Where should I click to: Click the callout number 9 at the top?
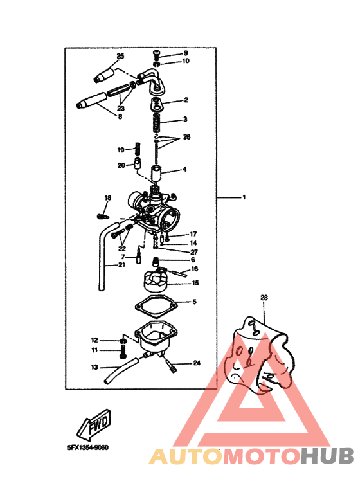[x=186, y=53]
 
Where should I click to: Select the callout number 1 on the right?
[x=244, y=197]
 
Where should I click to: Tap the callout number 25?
[x=120, y=57]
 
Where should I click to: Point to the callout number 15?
[x=194, y=283]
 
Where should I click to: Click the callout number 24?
[x=197, y=363]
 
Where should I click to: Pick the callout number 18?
[x=108, y=197]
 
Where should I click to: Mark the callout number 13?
[x=94, y=368]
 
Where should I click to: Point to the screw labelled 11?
[x=122, y=351]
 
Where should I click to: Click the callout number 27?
[x=194, y=253]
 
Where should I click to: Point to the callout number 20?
[x=121, y=165]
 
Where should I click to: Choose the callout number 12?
[x=94, y=339]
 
